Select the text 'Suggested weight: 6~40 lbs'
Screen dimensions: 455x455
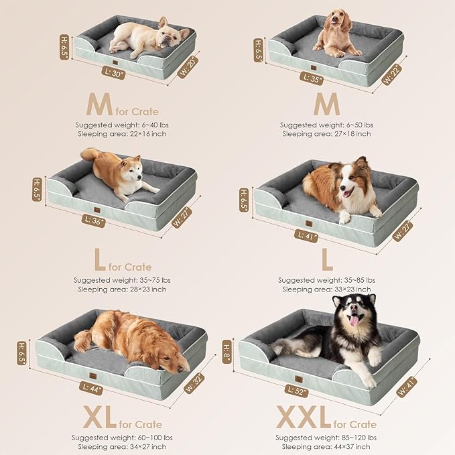pyautogui.click(x=121, y=125)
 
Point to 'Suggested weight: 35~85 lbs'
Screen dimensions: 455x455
pyautogui.click(x=326, y=280)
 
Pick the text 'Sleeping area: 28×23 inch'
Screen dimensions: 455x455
pyautogui.click(x=121, y=289)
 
